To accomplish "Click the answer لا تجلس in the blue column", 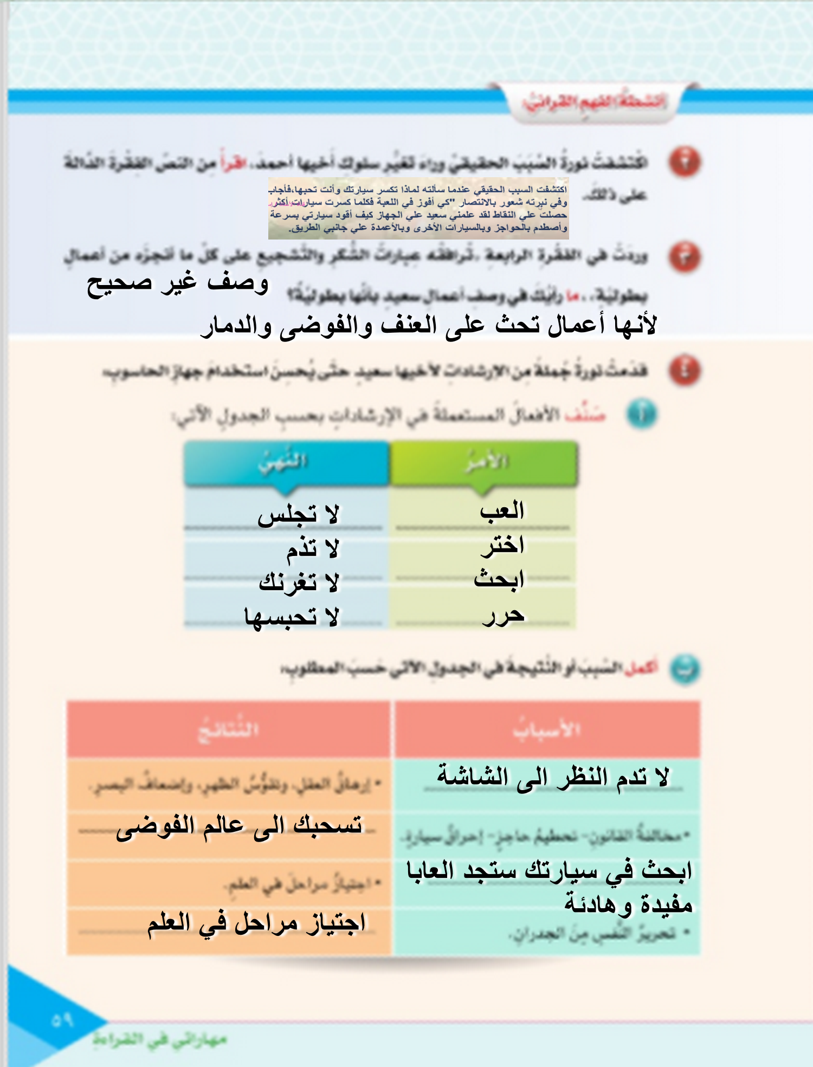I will tap(298, 514).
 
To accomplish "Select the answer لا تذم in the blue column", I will tap(313, 549).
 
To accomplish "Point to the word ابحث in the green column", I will tap(499, 579).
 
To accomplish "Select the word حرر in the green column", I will tap(503, 615).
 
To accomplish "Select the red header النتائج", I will tap(228, 729).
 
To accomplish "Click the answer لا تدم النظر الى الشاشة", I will tap(553, 777).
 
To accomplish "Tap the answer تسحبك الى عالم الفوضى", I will tap(238, 826).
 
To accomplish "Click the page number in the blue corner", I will tap(62, 1020).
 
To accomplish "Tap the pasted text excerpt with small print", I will tap(418, 209).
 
